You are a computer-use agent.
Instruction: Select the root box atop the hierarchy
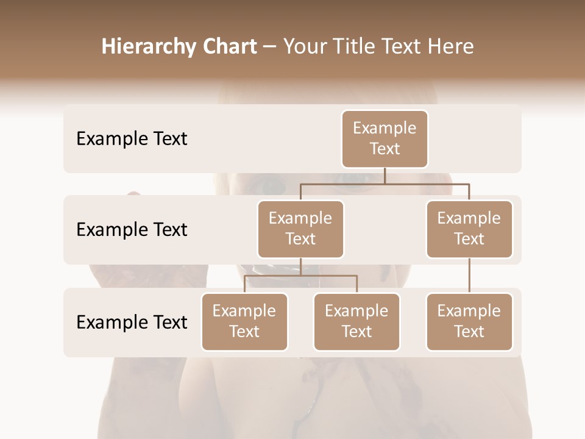click(385, 138)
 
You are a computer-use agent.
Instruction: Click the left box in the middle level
click(300, 229)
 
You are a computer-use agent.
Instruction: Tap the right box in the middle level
click(469, 229)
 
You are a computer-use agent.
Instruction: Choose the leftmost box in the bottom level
click(244, 321)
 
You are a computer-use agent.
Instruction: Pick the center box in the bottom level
click(356, 321)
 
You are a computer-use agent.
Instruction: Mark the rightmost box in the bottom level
click(469, 321)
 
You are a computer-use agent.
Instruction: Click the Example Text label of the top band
click(132, 139)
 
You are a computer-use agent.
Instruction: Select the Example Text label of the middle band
click(132, 230)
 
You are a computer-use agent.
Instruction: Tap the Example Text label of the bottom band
click(132, 322)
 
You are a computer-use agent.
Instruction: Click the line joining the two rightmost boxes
click(469, 276)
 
